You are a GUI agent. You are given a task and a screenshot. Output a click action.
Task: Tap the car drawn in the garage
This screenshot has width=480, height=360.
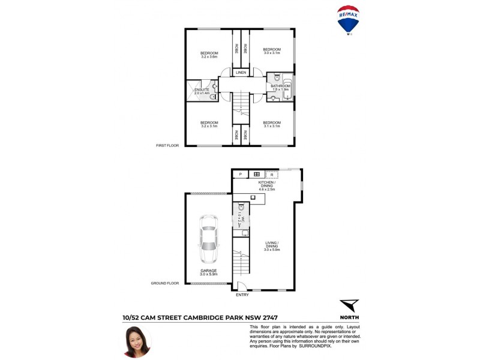pos(209,239)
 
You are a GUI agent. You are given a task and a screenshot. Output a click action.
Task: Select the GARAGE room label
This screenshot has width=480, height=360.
pos(209,270)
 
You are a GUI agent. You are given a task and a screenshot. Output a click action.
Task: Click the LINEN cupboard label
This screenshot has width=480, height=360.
pos(241,73)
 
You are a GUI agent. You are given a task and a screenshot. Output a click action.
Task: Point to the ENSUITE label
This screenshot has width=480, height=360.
pos(202,89)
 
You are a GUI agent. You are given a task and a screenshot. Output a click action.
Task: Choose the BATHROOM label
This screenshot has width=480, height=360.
pos(280,86)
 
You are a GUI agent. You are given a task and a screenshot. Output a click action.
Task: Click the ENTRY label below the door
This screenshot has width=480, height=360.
pos(241,295)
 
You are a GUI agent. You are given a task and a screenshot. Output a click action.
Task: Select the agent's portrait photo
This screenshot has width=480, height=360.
pos(137,341)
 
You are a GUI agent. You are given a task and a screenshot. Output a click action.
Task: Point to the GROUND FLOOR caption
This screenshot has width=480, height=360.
pos(166,283)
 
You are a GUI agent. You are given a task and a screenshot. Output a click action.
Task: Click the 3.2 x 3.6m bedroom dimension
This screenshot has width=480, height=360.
pos(209,57)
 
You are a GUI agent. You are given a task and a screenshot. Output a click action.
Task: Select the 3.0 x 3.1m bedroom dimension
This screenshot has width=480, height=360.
pos(272,53)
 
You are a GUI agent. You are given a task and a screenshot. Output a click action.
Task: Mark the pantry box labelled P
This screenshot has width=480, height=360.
pos(240,174)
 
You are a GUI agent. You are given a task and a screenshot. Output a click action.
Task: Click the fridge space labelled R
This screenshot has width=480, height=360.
pos(272,174)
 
